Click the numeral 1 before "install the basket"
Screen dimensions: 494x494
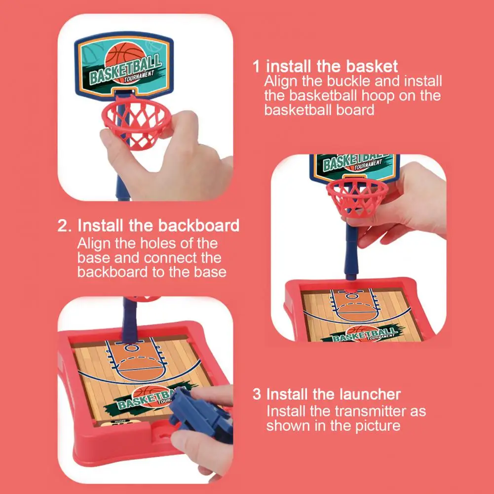[257, 67]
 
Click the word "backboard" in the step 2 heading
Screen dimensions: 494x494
[198, 226]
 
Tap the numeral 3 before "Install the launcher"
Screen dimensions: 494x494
[257, 394]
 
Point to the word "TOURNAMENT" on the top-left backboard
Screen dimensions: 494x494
[139, 76]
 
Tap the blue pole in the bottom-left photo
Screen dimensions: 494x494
[130, 320]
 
